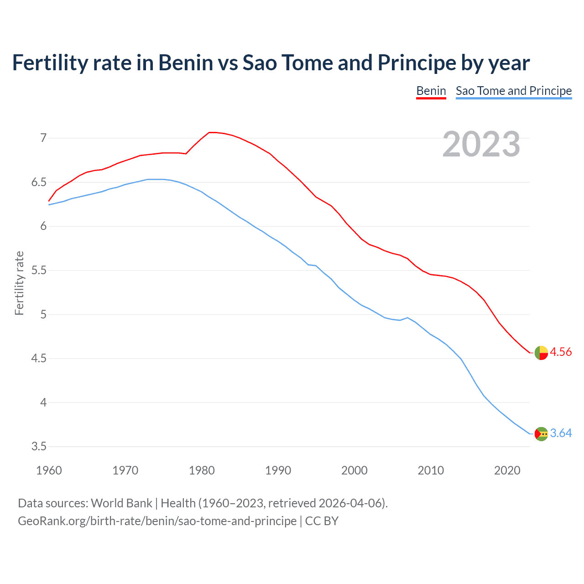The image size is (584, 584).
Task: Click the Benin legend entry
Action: (x=431, y=91)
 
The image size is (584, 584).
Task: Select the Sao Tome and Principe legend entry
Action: (x=513, y=91)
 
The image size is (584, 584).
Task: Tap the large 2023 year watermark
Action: (x=481, y=144)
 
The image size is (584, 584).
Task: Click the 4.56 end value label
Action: (x=561, y=352)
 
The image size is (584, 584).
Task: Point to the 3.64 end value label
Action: (x=561, y=433)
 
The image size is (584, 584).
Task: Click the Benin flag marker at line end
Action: (x=541, y=353)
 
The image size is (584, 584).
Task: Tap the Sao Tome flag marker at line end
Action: (x=541, y=434)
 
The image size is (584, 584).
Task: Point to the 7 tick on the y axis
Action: (x=43, y=138)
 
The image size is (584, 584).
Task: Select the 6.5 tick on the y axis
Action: (x=39, y=182)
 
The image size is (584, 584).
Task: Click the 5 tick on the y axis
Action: (x=43, y=314)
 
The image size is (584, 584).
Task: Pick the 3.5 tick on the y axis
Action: (x=39, y=446)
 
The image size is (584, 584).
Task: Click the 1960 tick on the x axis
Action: (x=49, y=470)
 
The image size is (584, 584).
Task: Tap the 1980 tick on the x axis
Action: (x=202, y=470)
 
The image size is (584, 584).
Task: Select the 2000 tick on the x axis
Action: (x=354, y=470)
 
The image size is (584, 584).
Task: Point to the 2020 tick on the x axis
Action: (x=507, y=470)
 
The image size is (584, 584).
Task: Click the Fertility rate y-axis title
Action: (x=19, y=283)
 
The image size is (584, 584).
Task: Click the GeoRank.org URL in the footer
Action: (x=157, y=521)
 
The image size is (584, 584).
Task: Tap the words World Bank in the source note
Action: (x=121, y=503)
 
